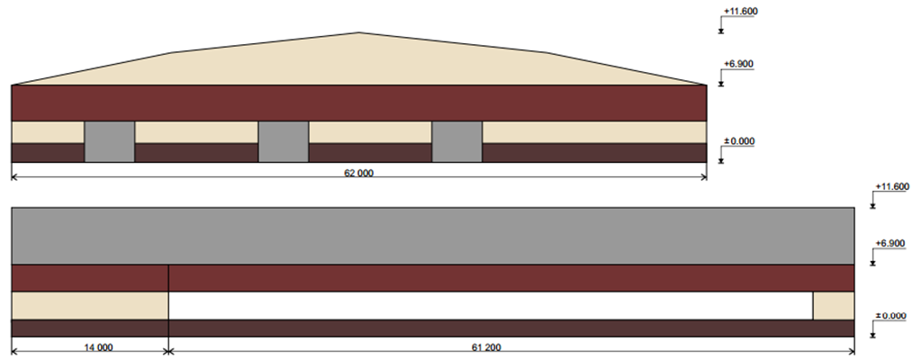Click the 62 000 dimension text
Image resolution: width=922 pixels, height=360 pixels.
(358, 173)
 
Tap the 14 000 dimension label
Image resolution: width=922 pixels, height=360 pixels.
(98, 347)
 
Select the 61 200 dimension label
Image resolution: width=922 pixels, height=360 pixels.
(486, 347)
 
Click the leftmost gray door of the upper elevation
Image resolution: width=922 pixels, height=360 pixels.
(109, 142)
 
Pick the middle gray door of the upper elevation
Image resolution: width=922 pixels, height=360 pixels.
(284, 142)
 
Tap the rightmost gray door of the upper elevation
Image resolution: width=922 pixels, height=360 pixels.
(456, 142)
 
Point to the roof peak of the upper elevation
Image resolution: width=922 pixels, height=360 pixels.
(359, 32)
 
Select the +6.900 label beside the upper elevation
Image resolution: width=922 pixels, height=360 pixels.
(738, 64)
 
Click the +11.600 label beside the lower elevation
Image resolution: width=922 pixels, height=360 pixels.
(892, 186)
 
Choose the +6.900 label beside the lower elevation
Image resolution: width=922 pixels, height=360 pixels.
(890, 243)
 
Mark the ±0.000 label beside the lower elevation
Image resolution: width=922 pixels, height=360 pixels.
(890, 316)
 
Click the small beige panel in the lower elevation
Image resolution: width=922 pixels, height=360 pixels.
(833, 306)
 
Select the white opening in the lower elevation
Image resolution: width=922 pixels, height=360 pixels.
(491, 306)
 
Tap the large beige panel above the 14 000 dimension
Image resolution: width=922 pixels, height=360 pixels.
(90, 306)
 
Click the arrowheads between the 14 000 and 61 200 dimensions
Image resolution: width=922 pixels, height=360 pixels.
(168, 352)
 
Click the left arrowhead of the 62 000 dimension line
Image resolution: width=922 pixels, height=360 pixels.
(15, 176)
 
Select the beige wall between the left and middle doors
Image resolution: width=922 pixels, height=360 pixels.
(196, 132)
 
